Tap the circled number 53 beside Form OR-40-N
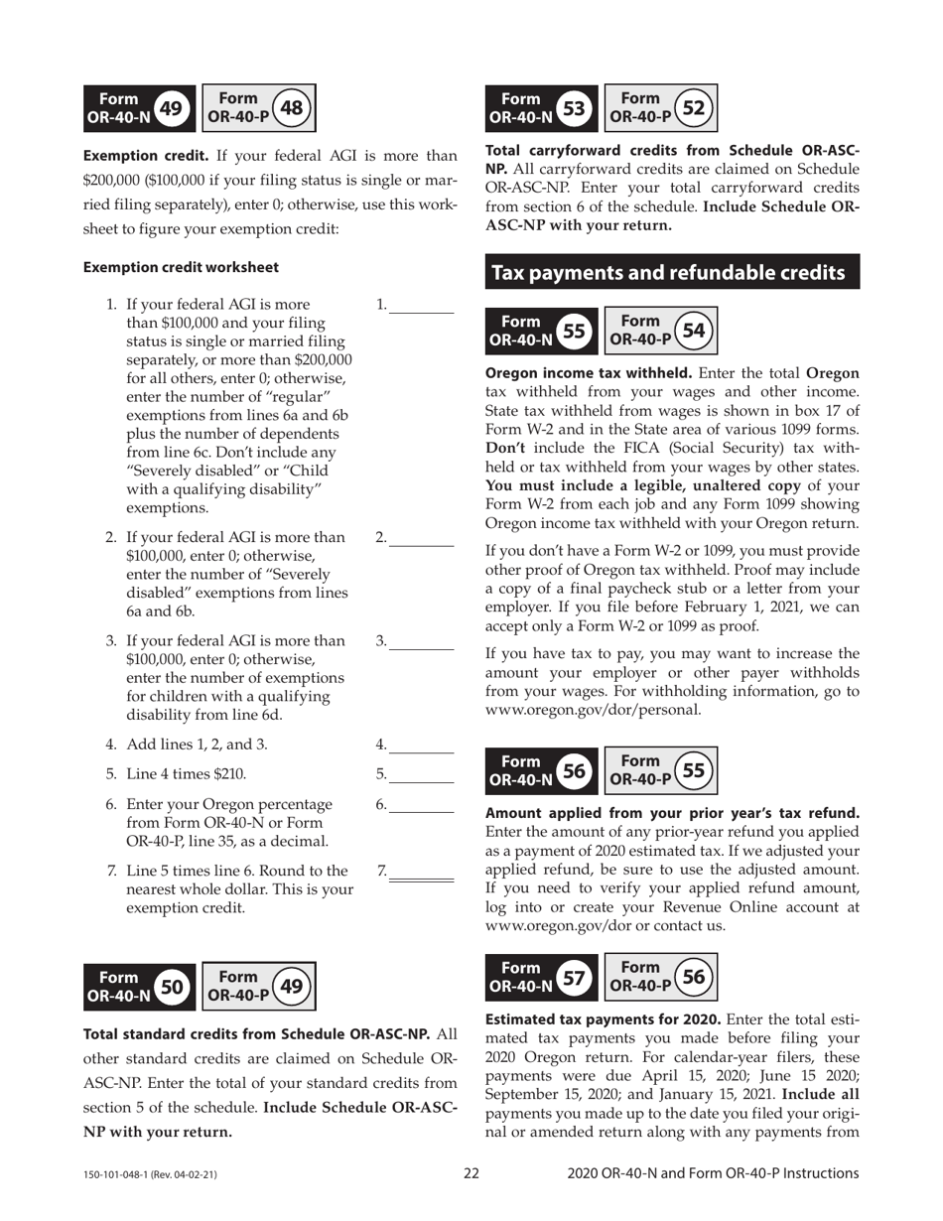(574, 108)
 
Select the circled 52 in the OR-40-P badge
(694, 108)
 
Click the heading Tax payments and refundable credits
(671, 272)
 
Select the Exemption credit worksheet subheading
(181, 267)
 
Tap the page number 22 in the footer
(471, 1173)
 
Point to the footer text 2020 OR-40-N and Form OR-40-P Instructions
(713, 1173)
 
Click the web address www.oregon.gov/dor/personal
(594, 710)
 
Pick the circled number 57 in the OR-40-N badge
(574, 977)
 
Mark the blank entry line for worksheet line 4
(421, 750)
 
